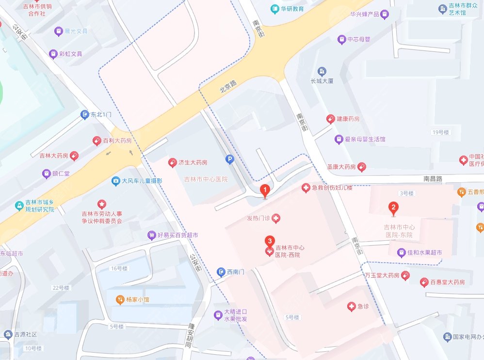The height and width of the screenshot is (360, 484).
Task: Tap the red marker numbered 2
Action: point(394,209)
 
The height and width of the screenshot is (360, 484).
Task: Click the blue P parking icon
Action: point(229,158)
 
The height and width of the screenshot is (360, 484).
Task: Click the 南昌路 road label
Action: point(433,178)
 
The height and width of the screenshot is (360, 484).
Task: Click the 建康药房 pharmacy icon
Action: point(330,119)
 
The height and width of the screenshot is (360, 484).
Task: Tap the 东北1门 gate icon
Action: point(84,114)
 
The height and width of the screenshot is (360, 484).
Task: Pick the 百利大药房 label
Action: point(117,141)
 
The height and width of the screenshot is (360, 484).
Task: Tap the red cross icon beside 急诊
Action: point(351,306)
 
